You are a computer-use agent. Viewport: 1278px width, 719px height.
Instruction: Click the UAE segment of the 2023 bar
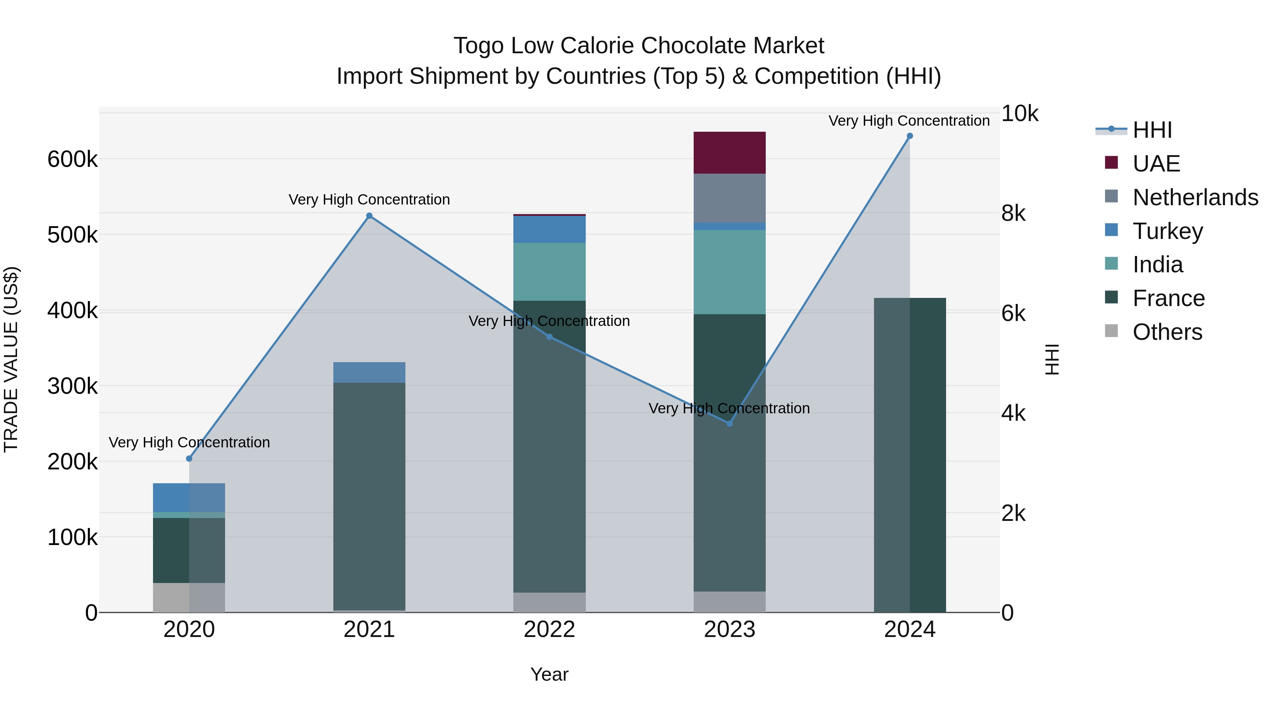[729, 152]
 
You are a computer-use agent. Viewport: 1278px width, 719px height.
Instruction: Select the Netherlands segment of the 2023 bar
[729, 198]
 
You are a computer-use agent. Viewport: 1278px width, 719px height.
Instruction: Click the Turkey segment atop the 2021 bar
[369, 372]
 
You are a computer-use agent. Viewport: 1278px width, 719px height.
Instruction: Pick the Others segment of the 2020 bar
[189, 598]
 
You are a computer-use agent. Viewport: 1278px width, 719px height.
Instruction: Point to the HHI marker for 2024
[910, 136]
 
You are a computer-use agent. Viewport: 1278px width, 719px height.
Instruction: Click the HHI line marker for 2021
[369, 216]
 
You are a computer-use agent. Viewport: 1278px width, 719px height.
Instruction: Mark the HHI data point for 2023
[729, 423]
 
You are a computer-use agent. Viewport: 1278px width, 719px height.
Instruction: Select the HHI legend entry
[1152, 130]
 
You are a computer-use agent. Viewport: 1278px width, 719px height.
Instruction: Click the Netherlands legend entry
[1195, 197]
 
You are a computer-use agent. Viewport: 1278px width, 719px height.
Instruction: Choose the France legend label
[1168, 298]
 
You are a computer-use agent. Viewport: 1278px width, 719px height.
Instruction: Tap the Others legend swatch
[1111, 331]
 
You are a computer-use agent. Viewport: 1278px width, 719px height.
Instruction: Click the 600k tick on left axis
[72, 160]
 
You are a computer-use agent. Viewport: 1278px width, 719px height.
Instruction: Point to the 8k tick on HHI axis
[1013, 213]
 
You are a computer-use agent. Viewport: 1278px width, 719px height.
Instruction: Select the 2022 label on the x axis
[549, 630]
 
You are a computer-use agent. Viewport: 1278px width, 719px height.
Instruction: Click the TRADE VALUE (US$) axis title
[11, 359]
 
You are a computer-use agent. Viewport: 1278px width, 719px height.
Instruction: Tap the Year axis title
[549, 674]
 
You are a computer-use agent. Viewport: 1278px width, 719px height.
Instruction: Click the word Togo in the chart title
[479, 46]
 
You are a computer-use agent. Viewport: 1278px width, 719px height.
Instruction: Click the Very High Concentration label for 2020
[189, 442]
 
